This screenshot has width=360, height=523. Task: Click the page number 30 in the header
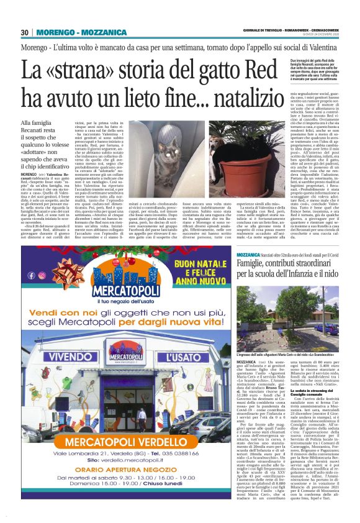(24, 32)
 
